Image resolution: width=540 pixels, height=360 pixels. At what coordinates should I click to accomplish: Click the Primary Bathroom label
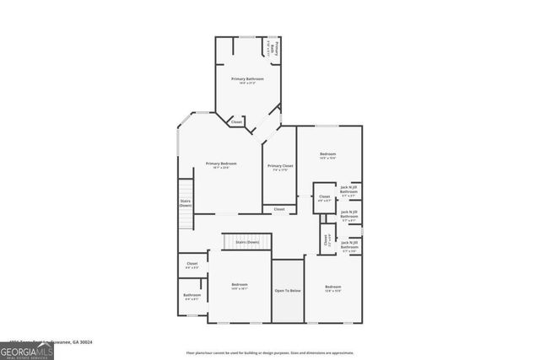point(248,78)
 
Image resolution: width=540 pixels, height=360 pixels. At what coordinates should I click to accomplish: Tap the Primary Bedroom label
point(221,164)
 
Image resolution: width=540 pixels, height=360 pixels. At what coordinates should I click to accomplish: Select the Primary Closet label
point(280,166)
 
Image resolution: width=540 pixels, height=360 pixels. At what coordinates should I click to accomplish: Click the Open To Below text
point(288,290)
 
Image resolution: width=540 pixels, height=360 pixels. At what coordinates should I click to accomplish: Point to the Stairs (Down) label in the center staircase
point(247,242)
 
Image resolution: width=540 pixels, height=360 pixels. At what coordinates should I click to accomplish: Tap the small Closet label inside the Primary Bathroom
point(237,122)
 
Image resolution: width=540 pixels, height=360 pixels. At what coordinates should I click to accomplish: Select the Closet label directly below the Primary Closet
point(279,209)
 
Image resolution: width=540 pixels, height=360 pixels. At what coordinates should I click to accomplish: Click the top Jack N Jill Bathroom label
point(349,190)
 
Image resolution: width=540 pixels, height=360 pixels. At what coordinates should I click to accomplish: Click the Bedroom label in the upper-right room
point(327,153)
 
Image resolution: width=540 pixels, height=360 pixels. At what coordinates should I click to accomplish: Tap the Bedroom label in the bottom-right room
point(333,287)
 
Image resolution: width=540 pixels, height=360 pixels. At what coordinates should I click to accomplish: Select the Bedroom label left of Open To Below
point(240,285)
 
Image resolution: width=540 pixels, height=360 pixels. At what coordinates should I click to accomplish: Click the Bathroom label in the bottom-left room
point(191,295)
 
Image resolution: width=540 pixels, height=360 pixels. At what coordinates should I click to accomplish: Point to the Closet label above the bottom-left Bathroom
point(191,265)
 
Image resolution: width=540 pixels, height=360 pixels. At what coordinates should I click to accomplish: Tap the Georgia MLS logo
point(27,348)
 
